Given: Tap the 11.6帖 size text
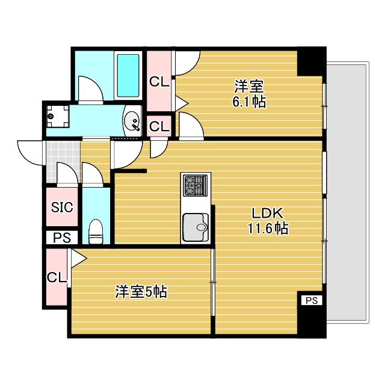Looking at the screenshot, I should click(267, 228).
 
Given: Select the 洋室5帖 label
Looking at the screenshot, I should click(141, 293).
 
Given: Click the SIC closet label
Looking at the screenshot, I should click(61, 208).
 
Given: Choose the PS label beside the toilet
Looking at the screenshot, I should click(61, 238).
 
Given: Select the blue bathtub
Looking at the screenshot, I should click(128, 76).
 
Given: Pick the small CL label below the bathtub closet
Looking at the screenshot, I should click(159, 126).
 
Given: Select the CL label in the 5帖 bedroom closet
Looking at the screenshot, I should click(57, 277).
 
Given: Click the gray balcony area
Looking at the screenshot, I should click(347, 192).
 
